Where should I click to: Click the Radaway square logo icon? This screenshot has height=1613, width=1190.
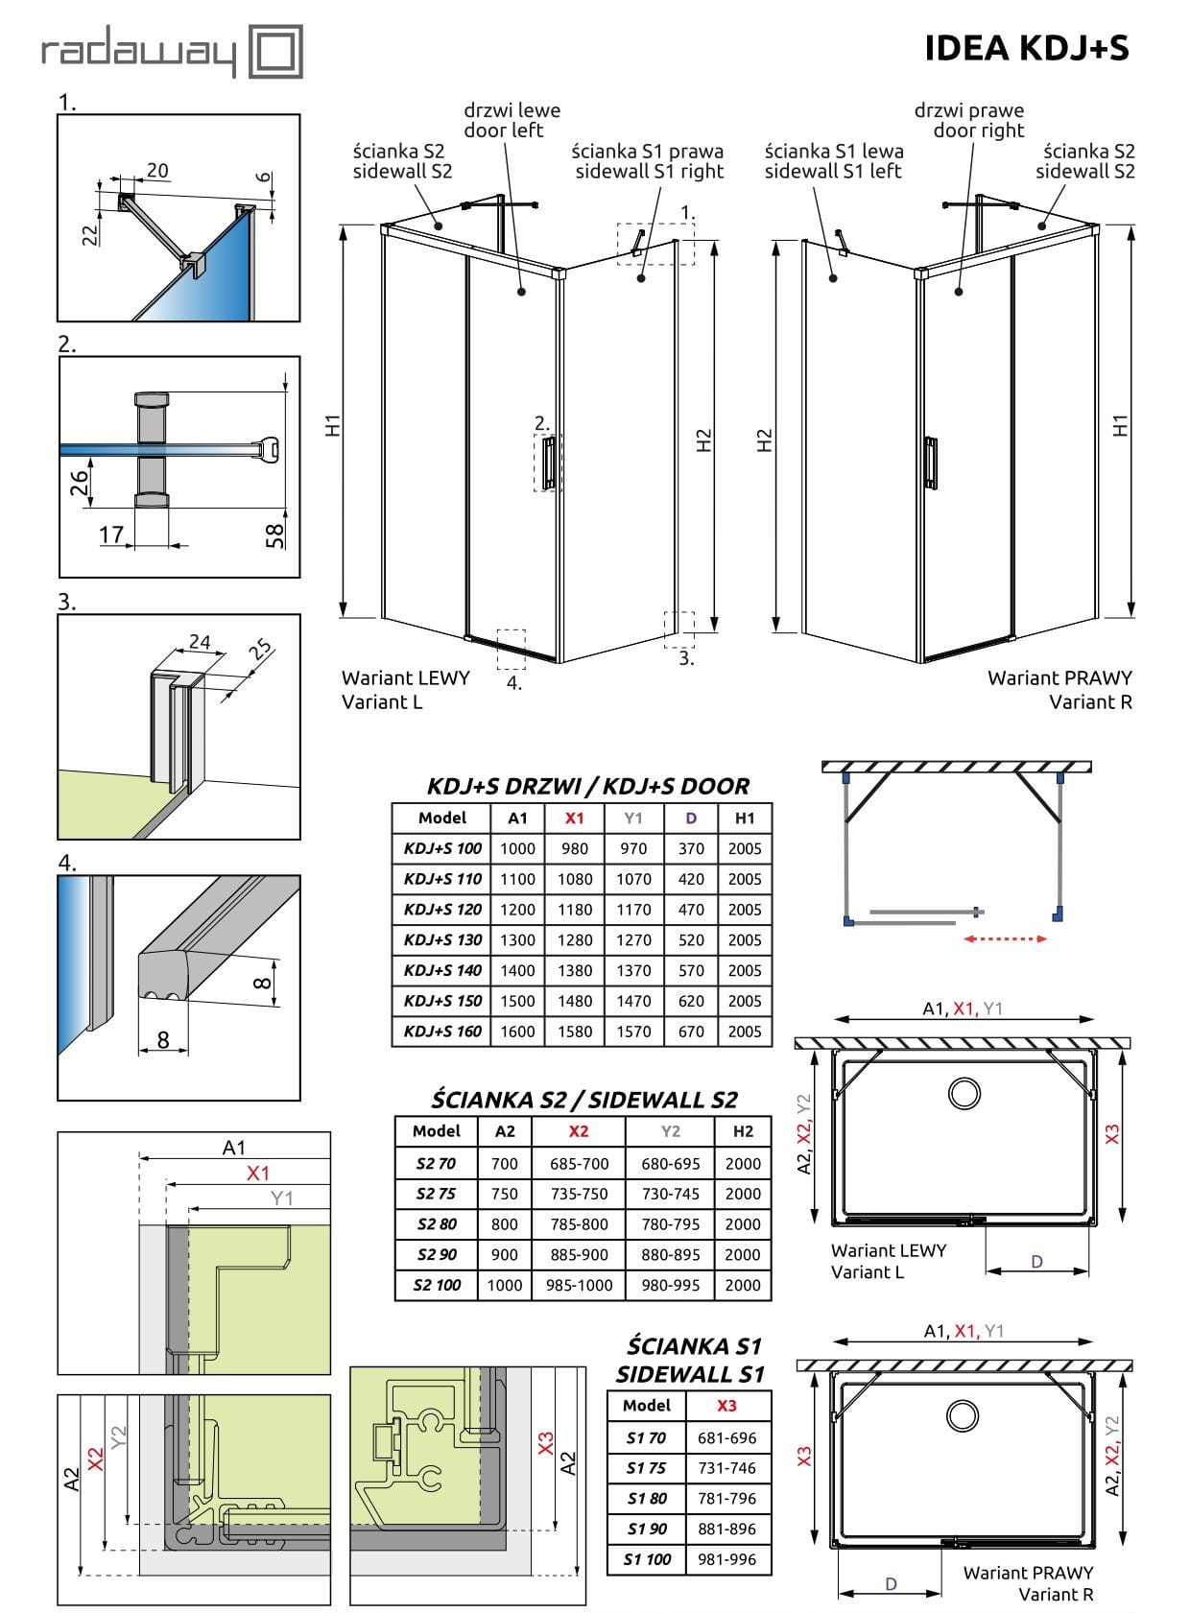[275, 52]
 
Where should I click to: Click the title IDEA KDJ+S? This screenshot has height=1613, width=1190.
[1027, 47]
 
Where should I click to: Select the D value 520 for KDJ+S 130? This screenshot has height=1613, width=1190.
[691, 939]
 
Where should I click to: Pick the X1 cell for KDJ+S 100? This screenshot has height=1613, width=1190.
[575, 848]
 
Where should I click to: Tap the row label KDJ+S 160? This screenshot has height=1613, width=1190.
[442, 1032]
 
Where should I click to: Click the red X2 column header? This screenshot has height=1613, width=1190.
[578, 1131]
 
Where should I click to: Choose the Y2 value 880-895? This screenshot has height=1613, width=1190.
[670, 1254]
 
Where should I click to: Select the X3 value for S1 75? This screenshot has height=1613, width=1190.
[726, 1468]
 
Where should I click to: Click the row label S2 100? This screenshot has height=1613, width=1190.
[438, 1285]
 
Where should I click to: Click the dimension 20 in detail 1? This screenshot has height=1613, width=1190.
[157, 170]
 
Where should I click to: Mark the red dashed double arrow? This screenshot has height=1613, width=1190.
[1005, 938]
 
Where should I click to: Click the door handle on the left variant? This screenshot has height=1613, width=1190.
[547, 463]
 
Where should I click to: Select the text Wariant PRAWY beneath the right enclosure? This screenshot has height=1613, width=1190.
[1059, 677]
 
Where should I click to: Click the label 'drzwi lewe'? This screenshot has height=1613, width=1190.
[512, 110]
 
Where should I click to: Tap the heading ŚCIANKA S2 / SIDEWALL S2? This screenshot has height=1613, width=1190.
[583, 1100]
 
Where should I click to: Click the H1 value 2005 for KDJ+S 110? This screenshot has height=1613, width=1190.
[744, 879]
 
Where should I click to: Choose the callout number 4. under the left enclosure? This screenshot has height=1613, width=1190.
[514, 683]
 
